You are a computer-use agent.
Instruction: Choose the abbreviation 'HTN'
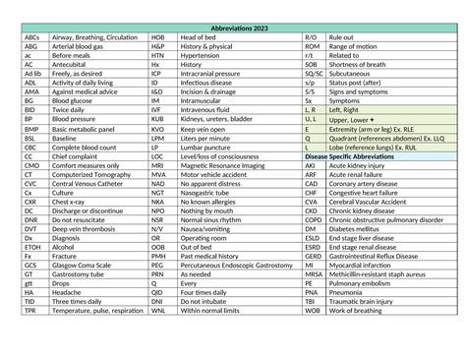(x=157, y=55)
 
